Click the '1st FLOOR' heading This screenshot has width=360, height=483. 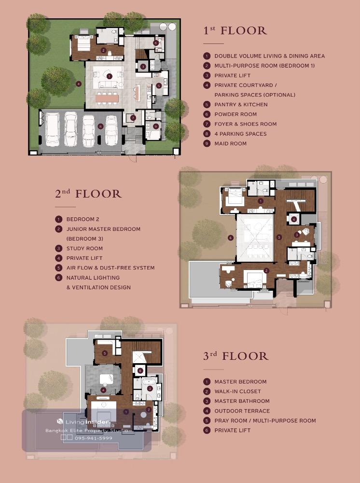(x=235, y=30)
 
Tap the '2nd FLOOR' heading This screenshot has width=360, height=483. (x=88, y=194)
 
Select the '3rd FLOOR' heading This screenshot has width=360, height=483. (x=235, y=356)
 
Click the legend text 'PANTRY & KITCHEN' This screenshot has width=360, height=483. (x=241, y=104)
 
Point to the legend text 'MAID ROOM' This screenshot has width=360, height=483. (x=231, y=143)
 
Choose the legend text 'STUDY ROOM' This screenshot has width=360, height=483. (x=84, y=249)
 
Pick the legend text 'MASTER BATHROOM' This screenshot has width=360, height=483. (x=242, y=401)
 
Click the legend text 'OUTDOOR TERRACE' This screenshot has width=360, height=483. (x=242, y=411)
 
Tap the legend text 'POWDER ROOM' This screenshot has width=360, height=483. (x=235, y=114)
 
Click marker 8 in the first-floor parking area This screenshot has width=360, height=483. (x=100, y=126)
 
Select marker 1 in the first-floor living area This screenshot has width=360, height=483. (x=109, y=76)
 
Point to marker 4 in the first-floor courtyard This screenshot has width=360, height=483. (x=79, y=84)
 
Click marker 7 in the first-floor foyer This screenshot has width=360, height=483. (x=133, y=118)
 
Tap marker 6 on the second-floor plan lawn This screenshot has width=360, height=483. (x=231, y=238)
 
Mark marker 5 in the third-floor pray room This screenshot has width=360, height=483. (x=105, y=353)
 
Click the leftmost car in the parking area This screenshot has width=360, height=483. (x=53, y=129)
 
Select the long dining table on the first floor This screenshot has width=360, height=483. (x=107, y=98)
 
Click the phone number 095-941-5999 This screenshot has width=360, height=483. (x=94, y=438)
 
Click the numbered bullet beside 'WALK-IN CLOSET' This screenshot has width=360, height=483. (x=207, y=392)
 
